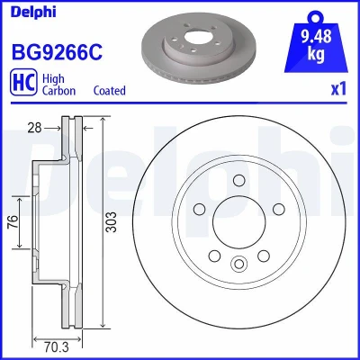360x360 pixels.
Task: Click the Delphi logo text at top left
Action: coord(33,12)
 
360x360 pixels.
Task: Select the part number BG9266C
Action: coord(57,52)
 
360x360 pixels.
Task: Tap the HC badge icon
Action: coord(23,82)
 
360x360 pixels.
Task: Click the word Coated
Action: coord(110,90)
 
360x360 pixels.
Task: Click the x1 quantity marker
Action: coord(338,89)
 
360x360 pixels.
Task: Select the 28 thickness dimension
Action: coord(34,128)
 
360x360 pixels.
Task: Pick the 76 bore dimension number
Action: coord(13,221)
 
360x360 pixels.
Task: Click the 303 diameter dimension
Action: coord(112,221)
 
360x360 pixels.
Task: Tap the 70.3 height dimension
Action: coord(56,347)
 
